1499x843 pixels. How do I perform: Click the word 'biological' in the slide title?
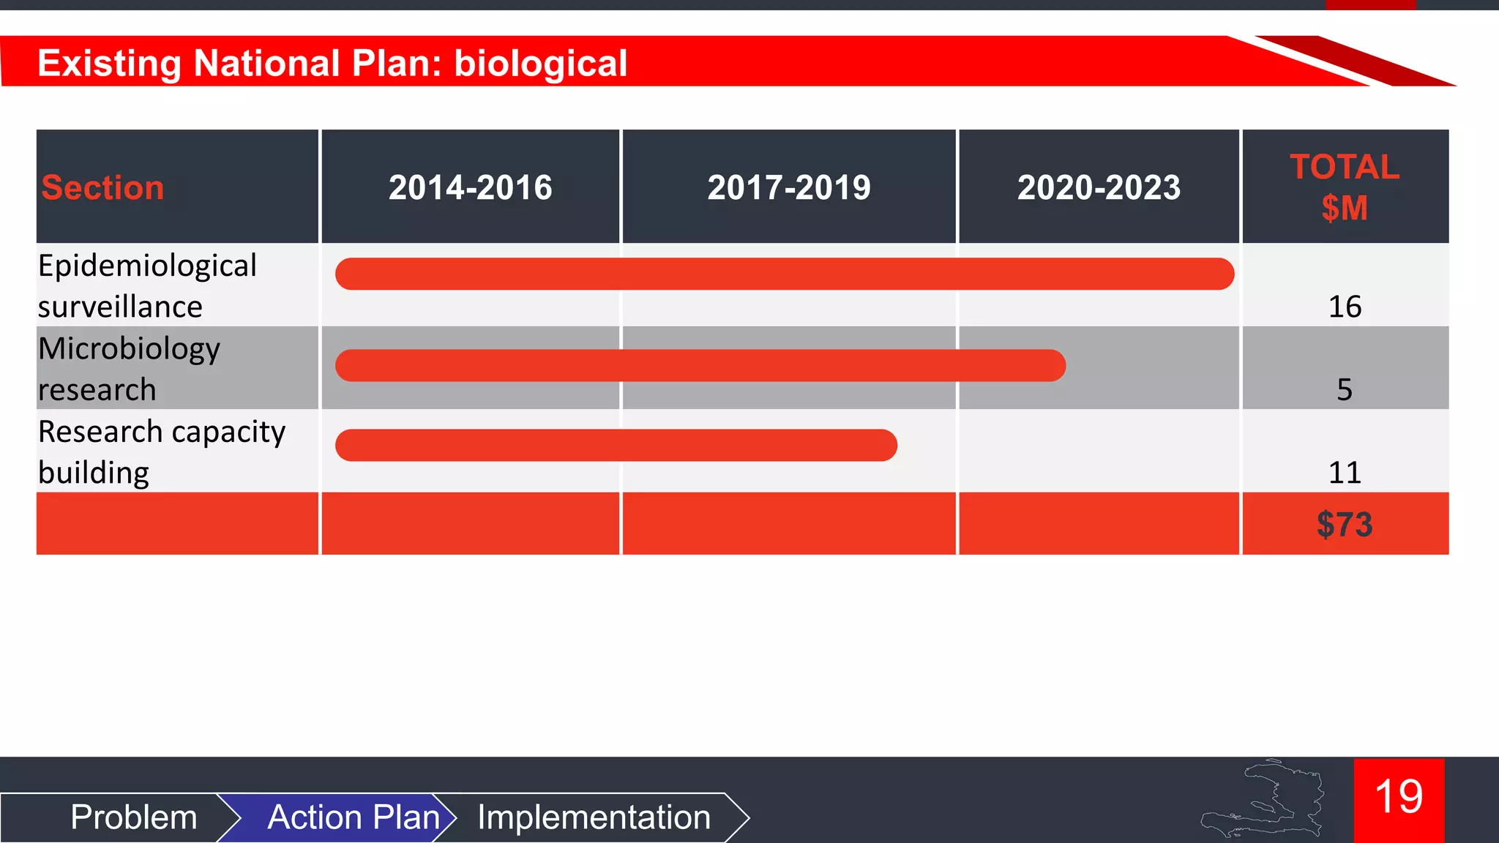tap(540, 63)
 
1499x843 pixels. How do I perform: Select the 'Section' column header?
tap(102, 188)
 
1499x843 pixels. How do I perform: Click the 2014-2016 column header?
tap(470, 188)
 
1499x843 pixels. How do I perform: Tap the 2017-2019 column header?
tap(788, 188)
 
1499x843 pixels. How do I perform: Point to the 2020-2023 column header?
tap(1099, 188)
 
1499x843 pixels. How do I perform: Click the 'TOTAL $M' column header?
tap(1345, 187)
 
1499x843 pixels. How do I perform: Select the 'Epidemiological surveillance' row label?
tap(147, 285)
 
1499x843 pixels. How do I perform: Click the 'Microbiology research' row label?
tap(129, 368)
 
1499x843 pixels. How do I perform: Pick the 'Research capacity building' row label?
tap(161, 452)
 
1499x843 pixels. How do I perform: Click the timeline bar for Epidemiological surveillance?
tap(784, 274)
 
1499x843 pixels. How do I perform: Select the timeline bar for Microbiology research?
tap(700, 365)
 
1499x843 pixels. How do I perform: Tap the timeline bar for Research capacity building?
tap(616, 445)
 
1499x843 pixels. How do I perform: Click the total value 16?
tap(1345, 307)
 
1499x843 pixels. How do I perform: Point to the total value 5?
tap(1345, 389)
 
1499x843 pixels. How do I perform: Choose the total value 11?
tap(1345, 473)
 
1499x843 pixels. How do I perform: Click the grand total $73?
tap(1345, 525)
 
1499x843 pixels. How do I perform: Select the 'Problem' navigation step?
tap(134, 817)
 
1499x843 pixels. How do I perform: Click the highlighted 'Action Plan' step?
tap(353, 817)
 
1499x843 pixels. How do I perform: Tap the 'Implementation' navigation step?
tap(594, 817)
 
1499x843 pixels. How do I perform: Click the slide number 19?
tap(1399, 797)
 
